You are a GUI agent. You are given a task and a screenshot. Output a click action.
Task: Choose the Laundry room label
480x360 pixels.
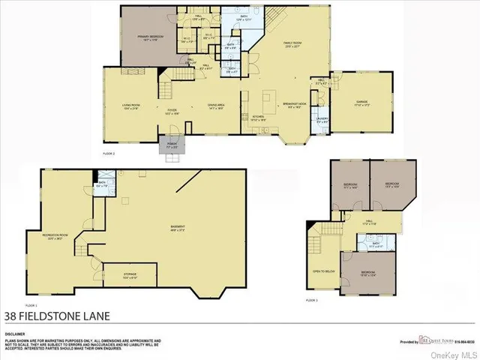coord(320,119)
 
